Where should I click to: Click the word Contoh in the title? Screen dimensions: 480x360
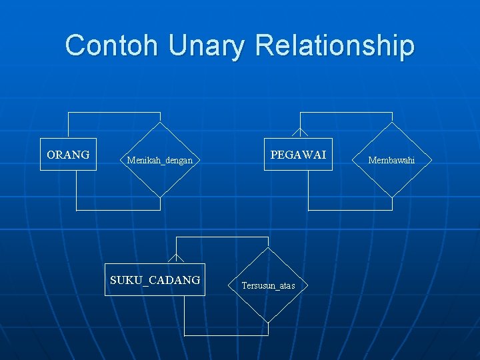click(112, 45)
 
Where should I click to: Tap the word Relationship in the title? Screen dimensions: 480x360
click(334, 45)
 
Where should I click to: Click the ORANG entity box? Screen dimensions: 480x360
click(68, 155)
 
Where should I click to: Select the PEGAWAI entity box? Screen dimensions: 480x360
click(298, 155)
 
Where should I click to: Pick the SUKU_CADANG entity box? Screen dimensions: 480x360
click(155, 280)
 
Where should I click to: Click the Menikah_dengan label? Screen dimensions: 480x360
click(160, 160)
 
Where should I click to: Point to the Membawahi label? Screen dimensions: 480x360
click(392, 160)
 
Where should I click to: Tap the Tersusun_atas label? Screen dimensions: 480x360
click(268, 285)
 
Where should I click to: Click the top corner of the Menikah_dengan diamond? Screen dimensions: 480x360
click(160, 123)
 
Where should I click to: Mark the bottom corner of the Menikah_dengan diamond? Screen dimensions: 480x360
click(160, 197)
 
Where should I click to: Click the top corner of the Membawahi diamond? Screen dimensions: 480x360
click(392, 123)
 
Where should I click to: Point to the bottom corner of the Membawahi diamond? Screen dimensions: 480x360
click(392, 197)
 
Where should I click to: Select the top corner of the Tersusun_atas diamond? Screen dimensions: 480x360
click(268, 248)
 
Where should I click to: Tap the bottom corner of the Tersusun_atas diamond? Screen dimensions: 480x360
click(268, 323)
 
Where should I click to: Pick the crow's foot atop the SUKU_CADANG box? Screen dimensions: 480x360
click(176, 259)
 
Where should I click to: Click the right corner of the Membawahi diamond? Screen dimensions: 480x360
click(430, 160)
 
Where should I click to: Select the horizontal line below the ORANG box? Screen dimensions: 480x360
click(118, 210)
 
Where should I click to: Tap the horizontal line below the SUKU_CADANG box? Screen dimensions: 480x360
click(226, 335)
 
